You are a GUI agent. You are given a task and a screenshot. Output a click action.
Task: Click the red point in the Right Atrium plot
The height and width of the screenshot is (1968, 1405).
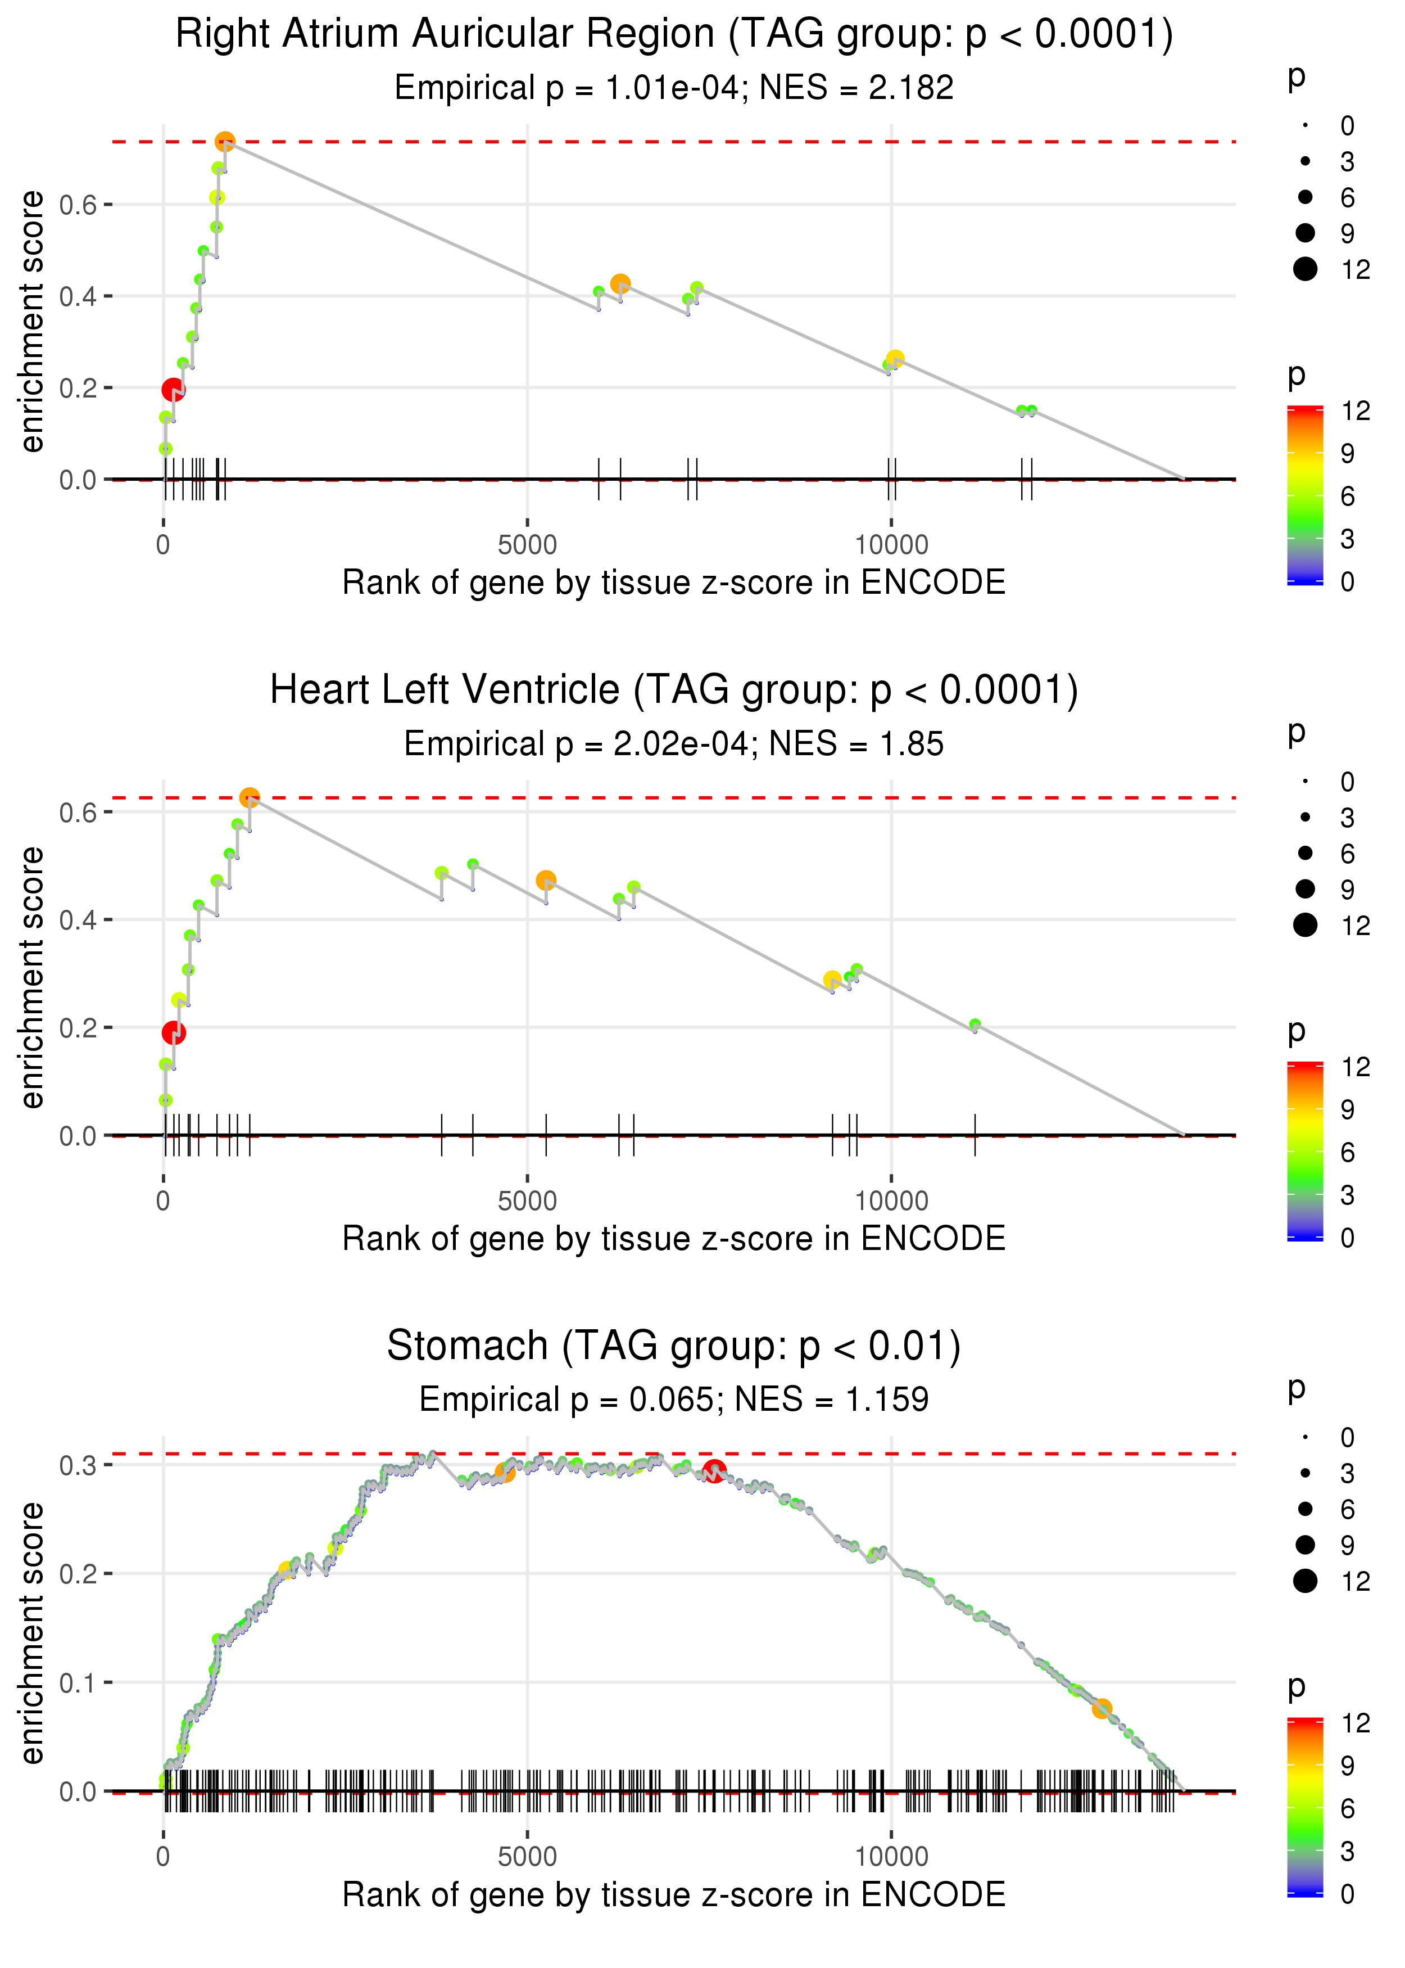click(x=173, y=390)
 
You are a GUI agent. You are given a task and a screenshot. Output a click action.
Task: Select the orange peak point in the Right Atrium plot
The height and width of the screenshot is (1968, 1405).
click(x=225, y=141)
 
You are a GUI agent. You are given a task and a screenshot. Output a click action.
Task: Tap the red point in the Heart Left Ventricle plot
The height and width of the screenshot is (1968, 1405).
click(x=174, y=1032)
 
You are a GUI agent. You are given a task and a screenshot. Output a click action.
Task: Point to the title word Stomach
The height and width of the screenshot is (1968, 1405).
click(x=467, y=1346)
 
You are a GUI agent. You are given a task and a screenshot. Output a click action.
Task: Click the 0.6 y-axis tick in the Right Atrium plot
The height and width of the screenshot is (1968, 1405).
click(x=78, y=205)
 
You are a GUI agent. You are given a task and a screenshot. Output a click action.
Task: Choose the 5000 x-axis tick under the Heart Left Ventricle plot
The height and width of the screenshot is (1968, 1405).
click(x=528, y=1200)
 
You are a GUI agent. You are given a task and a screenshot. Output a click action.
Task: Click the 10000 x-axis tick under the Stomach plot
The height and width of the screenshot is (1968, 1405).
click(x=891, y=1856)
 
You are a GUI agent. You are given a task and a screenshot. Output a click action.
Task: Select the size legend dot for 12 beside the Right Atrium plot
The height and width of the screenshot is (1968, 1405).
click(x=1306, y=269)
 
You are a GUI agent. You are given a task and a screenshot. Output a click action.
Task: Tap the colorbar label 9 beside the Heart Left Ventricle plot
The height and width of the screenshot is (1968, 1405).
click(x=1348, y=1109)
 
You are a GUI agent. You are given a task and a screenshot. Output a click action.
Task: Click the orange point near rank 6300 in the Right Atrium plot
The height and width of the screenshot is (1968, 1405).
click(x=620, y=284)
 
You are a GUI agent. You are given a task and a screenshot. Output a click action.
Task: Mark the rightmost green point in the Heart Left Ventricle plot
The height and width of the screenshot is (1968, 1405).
click(x=975, y=1024)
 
